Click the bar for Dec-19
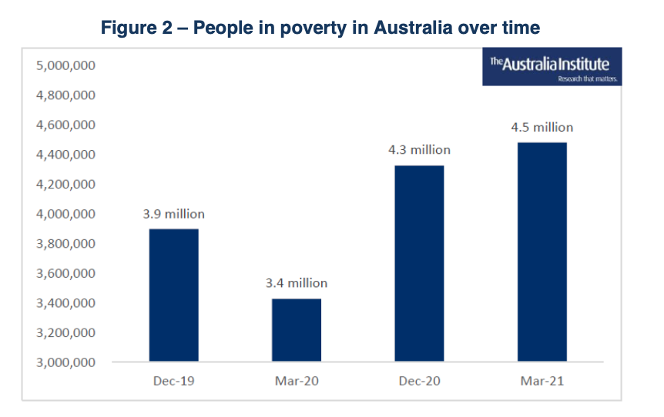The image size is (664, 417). click(173, 295)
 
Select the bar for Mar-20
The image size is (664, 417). click(297, 330)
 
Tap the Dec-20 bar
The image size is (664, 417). click(419, 263)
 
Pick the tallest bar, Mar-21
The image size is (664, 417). click(542, 252)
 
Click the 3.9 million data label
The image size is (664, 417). click(174, 214)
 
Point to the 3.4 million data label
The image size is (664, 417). click(297, 283)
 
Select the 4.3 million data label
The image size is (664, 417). click(419, 150)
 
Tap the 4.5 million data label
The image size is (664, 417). click(542, 127)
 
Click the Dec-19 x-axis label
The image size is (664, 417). click(173, 381)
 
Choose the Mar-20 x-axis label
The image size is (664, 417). click(297, 381)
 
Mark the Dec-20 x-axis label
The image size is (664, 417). click(419, 381)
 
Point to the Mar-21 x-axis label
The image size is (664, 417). click(542, 381)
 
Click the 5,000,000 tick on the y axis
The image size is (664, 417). click(65, 66)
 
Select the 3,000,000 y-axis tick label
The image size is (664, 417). click(65, 362)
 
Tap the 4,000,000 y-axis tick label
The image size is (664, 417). click(65, 214)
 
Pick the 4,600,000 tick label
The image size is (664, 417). click(65, 125)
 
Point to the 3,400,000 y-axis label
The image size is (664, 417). click(65, 303)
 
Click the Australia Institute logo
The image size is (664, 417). click(552, 68)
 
